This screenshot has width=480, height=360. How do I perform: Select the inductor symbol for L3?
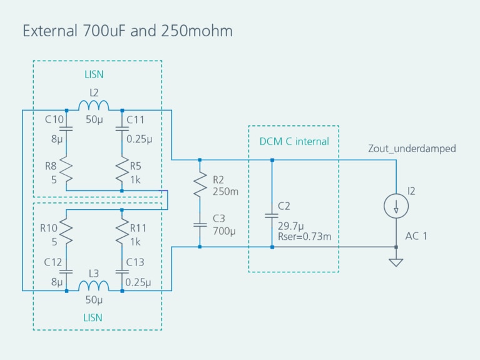coord(93,287)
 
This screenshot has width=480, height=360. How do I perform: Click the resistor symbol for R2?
coord(200,184)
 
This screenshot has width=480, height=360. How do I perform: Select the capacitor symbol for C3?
coord(200,224)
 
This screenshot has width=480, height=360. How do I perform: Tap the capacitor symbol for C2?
coord(272,215)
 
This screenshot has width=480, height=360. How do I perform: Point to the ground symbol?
coord(396,262)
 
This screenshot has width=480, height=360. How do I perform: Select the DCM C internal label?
coord(294,141)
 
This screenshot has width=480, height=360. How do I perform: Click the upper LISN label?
coord(94,75)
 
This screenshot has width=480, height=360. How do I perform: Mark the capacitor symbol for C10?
coord(66,129)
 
